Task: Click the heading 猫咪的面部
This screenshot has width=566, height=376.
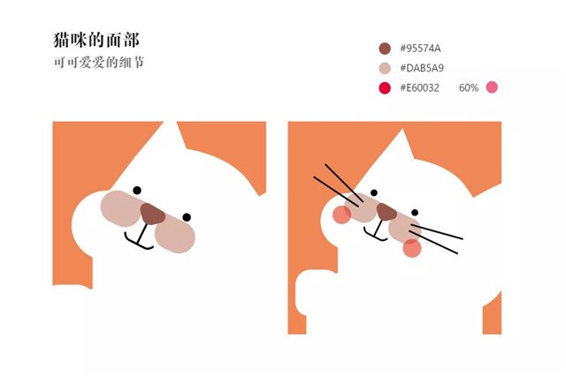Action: pyautogui.click(x=96, y=41)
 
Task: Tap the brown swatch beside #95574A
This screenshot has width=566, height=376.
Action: pyautogui.click(x=385, y=48)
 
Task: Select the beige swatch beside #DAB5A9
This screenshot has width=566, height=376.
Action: pyautogui.click(x=385, y=68)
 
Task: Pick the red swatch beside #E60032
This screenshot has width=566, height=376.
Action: pyautogui.click(x=385, y=87)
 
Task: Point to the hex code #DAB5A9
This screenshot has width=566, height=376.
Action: pyautogui.click(x=421, y=68)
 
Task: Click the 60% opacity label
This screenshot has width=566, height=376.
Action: pyautogui.click(x=469, y=87)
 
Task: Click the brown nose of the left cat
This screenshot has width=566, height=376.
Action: pyautogui.click(x=152, y=214)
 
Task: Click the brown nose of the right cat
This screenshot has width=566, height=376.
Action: pyautogui.click(x=387, y=212)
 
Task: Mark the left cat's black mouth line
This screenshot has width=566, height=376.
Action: pyautogui.click(x=140, y=240)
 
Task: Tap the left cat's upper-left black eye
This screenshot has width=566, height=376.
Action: pyautogui.click(x=137, y=189)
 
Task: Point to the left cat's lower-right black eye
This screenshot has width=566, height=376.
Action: pyautogui.click(x=187, y=217)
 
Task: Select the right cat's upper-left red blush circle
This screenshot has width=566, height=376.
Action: pyautogui.click(x=341, y=214)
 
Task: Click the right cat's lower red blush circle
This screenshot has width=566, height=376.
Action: pyautogui.click(x=412, y=248)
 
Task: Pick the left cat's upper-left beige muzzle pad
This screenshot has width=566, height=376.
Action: pyautogui.click(x=120, y=207)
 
